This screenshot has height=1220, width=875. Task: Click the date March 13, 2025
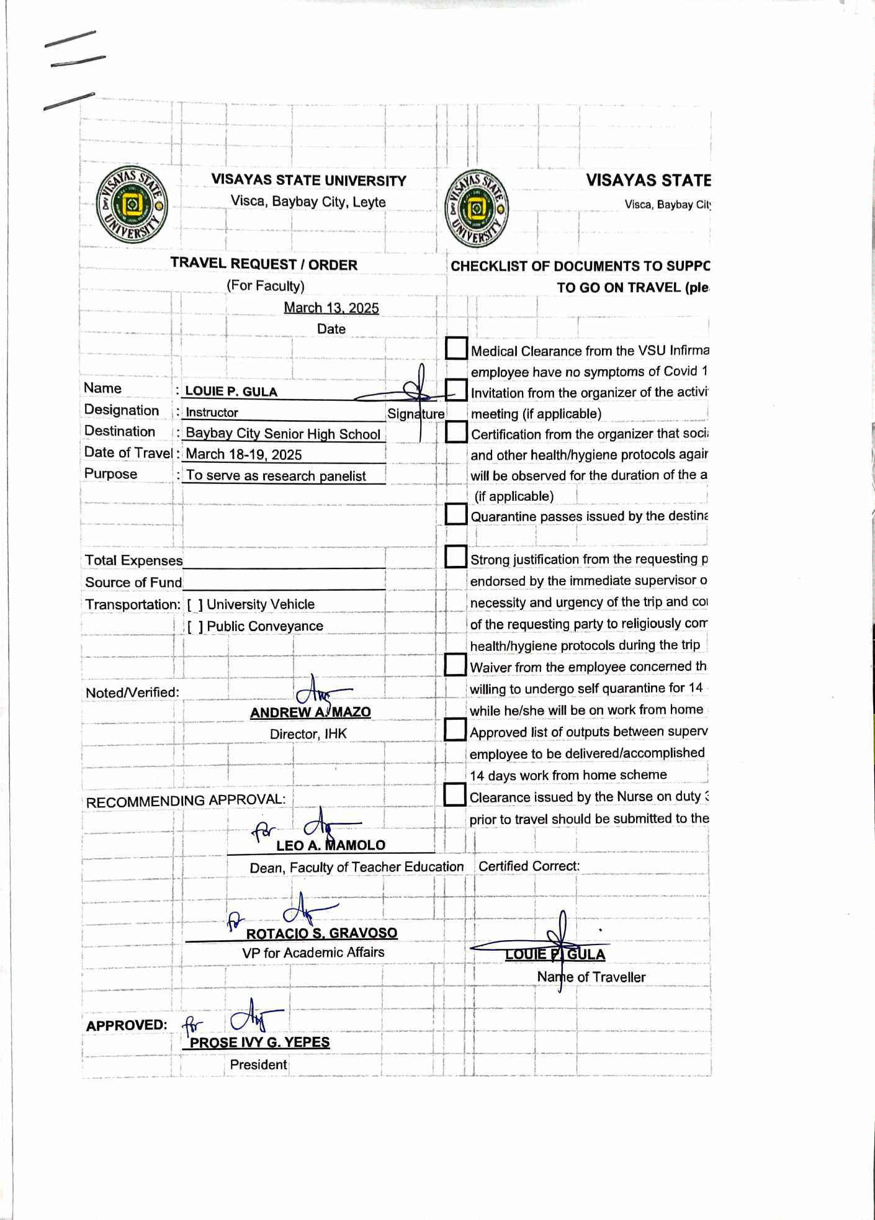pos(331,308)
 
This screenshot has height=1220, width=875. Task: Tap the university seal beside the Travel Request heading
pos(132,205)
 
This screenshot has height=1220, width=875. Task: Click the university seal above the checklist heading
pos(477,209)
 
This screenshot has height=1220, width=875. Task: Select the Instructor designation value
pos(212,413)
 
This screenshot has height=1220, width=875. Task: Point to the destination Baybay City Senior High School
pos(283,434)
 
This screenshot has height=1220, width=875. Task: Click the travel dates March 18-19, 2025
pos(244,454)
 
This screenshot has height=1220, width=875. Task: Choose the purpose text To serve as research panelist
pos(276,476)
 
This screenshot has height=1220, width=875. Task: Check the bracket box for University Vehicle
pos(195,604)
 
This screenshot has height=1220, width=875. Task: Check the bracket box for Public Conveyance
pos(195,627)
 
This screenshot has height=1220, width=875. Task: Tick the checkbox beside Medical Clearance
pos(456,348)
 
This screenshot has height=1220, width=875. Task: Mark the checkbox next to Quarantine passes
pos(456,514)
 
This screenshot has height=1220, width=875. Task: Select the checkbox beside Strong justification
pos(456,557)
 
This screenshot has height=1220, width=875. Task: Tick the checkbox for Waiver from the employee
pos(455,665)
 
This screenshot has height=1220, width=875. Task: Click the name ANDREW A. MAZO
pos(310,712)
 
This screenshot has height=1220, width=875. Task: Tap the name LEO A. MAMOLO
pos(331,845)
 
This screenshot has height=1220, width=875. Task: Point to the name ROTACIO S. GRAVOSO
pos(321,933)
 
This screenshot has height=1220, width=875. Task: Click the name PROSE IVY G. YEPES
pos(259,1043)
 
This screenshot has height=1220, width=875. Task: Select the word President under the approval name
pos(258,1065)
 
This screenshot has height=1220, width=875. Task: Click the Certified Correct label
pos(529,866)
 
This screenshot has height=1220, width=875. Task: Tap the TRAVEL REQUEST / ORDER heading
pos(264,264)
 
